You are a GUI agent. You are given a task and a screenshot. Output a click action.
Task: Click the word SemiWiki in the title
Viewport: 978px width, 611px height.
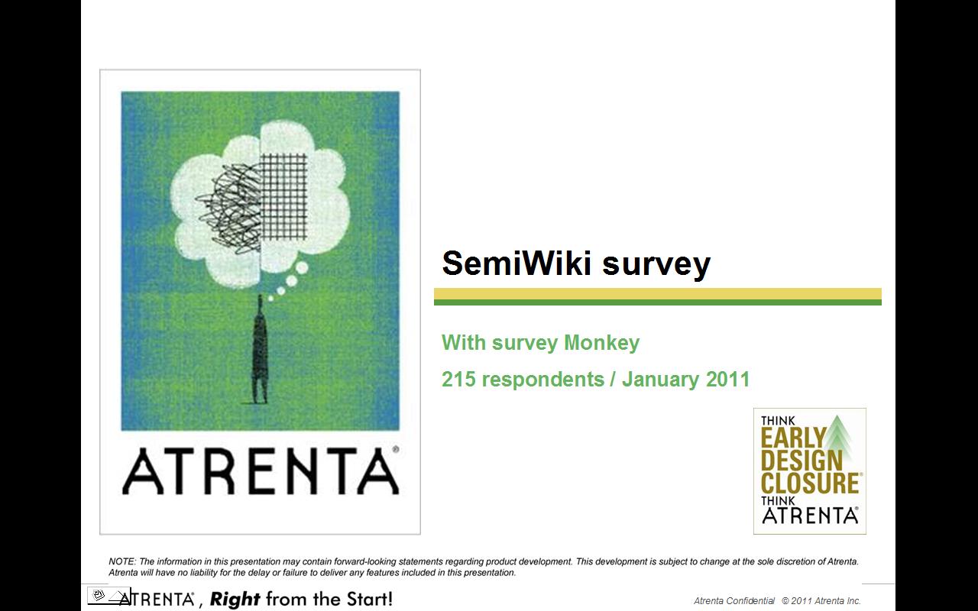(517, 263)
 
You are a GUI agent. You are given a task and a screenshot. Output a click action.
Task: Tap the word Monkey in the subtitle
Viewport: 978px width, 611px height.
(601, 343)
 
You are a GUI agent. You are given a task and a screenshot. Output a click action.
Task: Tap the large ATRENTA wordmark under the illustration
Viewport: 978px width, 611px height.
(261, 471)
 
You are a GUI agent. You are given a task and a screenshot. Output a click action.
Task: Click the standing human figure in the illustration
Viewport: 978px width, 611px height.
(261, 349)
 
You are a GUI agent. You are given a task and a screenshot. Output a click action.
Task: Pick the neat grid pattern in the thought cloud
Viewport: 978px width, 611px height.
(283, 197)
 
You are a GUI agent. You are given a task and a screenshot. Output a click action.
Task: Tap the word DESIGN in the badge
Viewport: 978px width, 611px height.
(802, 460)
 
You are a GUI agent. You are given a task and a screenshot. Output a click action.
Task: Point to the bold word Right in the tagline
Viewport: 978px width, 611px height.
(235, 600)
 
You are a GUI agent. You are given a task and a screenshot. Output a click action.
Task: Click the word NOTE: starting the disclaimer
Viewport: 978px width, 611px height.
(122, 561)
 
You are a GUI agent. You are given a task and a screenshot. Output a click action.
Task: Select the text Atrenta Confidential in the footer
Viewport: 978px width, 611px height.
(734, 601)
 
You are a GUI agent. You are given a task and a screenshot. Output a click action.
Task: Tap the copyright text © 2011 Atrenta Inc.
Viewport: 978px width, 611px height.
(821, 601)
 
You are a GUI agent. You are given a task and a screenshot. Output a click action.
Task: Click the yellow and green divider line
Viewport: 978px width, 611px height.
(658, 297)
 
